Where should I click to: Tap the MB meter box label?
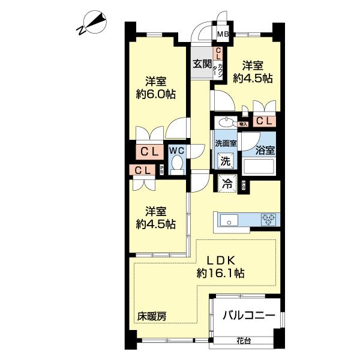click(x=223, y=34)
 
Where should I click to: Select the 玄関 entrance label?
click(x=202, y=64)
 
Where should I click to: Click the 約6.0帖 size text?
click(x=155, y=94)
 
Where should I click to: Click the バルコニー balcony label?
click(x=248, y=316)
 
